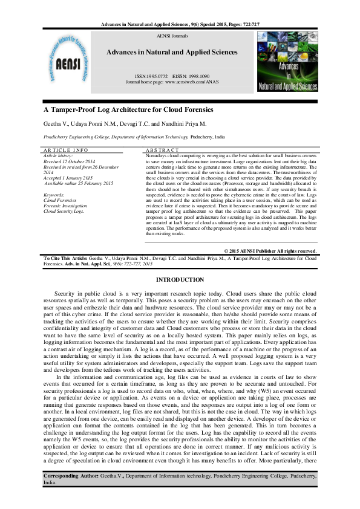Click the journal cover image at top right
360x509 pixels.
[287, 63]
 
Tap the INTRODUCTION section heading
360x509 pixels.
[180, 279]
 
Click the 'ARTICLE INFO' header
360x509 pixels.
[65, 149]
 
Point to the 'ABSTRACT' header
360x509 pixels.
[163, 149]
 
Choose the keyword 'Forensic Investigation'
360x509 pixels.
[66, 206]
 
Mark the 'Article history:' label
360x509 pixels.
[59, 155]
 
